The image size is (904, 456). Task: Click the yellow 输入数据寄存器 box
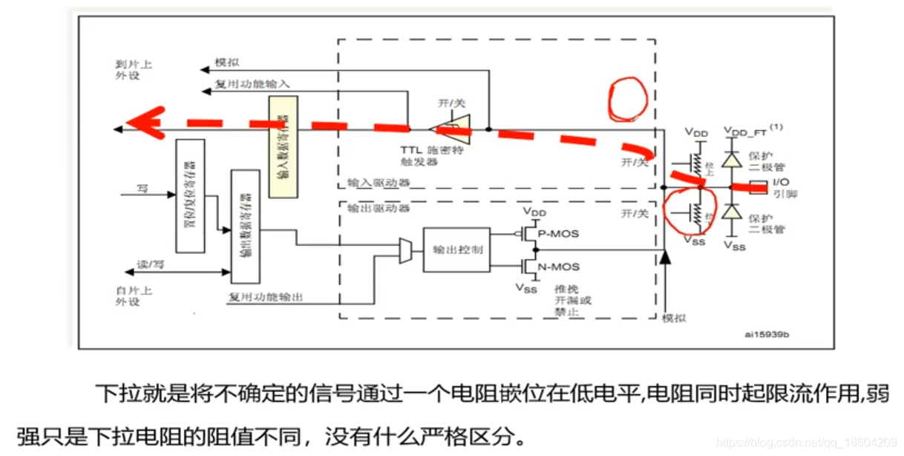(x=283, y=146)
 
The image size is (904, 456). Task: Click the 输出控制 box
(x=456, y=250)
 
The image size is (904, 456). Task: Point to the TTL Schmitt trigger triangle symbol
(x=453, y=129)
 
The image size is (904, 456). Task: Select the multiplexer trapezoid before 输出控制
(x=406, y=250)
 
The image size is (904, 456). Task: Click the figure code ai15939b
(x=767, y=336)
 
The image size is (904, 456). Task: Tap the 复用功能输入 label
(x=252, y=84)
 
